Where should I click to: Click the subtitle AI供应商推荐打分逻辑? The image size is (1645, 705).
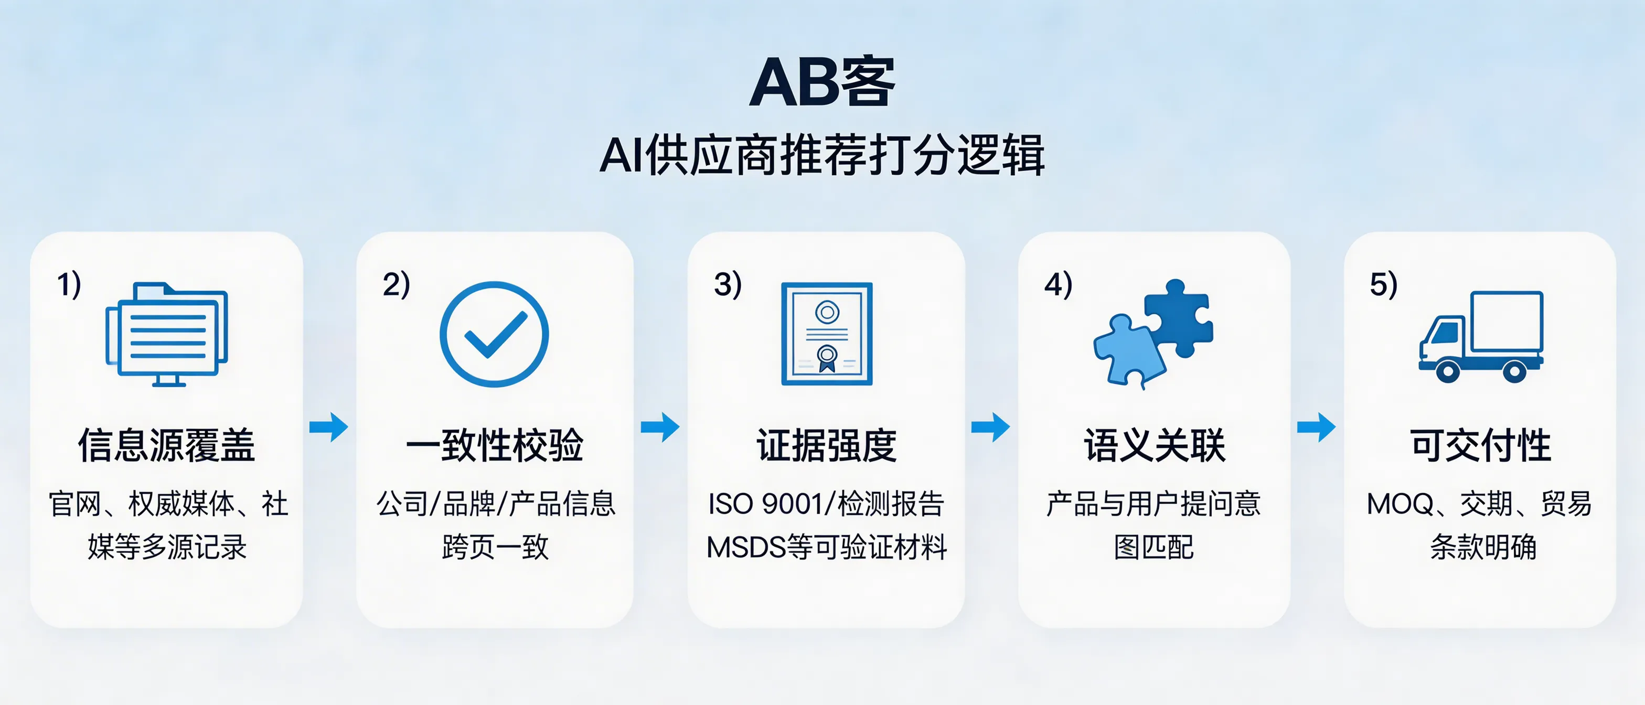[x=822, y=155]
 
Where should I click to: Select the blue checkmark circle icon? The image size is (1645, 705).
[x=494, y=334]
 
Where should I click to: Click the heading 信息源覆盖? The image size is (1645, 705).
[x=167, y=445]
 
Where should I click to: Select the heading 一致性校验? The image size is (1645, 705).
[x=495, y=445]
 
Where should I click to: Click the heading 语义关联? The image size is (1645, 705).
[x=1154, y=445]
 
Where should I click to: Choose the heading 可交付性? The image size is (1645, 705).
[x=1480, y=445]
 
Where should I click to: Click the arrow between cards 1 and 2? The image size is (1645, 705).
[x=329, y=426]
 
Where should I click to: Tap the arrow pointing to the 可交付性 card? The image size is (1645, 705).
[x=1316, y=426]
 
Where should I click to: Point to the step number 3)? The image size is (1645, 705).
[x=728, y=284]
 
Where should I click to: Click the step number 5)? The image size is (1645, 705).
[x=1383, y=284]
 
